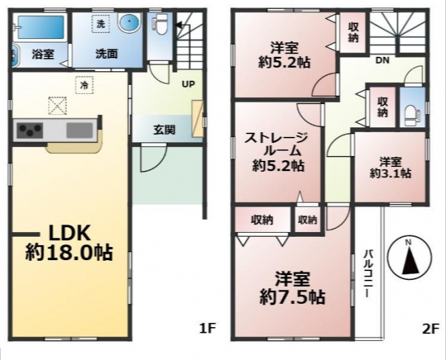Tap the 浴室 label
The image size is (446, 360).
coord(43,54)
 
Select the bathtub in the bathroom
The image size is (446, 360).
coord(40,27)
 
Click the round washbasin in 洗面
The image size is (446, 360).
coord(130,22)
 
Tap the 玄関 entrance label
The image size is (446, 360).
coord(164,130)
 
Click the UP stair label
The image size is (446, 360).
coord(188,84)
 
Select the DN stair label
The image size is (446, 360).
coord(382,60)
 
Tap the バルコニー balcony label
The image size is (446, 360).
coord(369,273)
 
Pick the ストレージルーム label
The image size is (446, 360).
coord(276,144)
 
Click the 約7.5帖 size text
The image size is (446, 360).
coord(292,298)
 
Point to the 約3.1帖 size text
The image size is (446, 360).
coord(390,173)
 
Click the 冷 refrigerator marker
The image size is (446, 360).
coord(84,85)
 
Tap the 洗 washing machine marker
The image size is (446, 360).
coord(101,24)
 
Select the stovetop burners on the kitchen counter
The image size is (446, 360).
coord(29,130)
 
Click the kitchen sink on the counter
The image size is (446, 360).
coord(79,130)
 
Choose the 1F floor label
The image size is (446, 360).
coord(208,329)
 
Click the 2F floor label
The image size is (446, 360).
coord(431,329)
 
